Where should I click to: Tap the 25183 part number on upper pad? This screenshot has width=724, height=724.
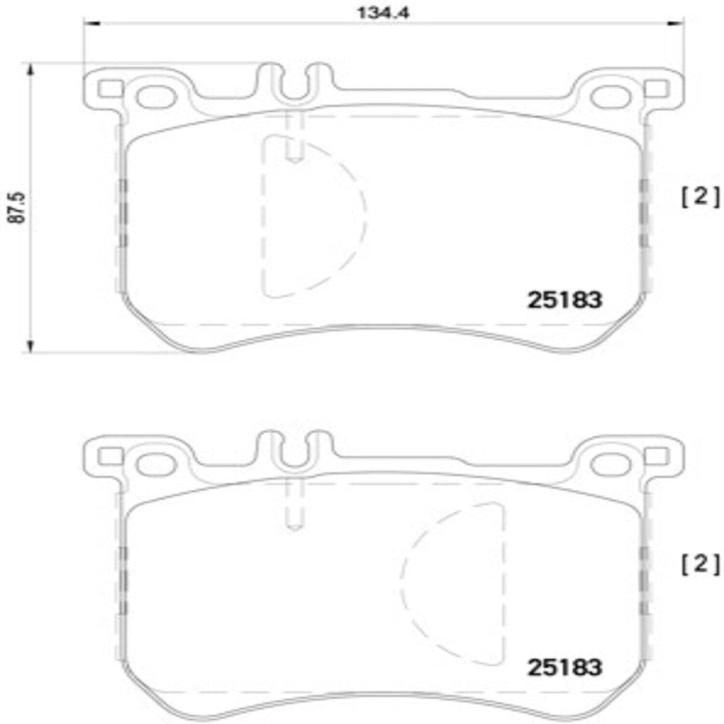[564, 300]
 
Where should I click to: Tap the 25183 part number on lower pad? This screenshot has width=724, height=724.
[564, 667]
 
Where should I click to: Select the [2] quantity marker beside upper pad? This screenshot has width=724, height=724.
[700, 197]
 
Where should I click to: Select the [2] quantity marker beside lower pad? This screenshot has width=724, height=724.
[700, 564]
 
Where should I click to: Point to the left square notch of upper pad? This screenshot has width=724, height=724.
[109, 89]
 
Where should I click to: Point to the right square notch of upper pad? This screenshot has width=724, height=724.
[655, 89]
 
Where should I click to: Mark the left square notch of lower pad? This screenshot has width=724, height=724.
[109, 456]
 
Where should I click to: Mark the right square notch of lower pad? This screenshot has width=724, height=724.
[655, 456]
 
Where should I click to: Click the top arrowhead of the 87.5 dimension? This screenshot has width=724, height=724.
[30, 69]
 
